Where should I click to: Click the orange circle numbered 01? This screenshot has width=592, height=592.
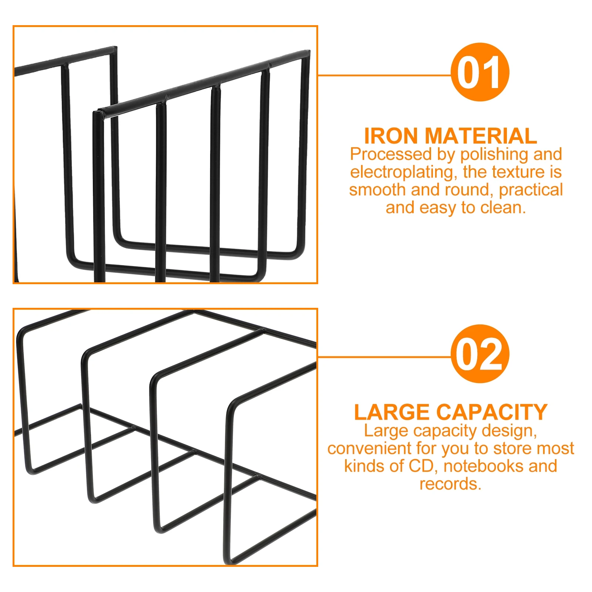pyautogui.click(x=480, y=72)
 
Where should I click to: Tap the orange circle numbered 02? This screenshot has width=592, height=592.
pyautogui.click(x=480, y=354)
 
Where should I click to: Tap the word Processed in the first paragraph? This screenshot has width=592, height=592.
pyautogui.click(x=391, y=154)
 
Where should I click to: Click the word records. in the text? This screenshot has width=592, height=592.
pyautogui.click(x=450, y=484)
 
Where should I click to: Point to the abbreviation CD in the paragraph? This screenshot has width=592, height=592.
pyautogui.click(x=421, y=466)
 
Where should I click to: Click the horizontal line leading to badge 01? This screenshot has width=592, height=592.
pyautogui.click(x=385, y=75)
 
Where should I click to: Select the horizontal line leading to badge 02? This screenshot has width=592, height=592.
pyautogui.click(x=385, y=357)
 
